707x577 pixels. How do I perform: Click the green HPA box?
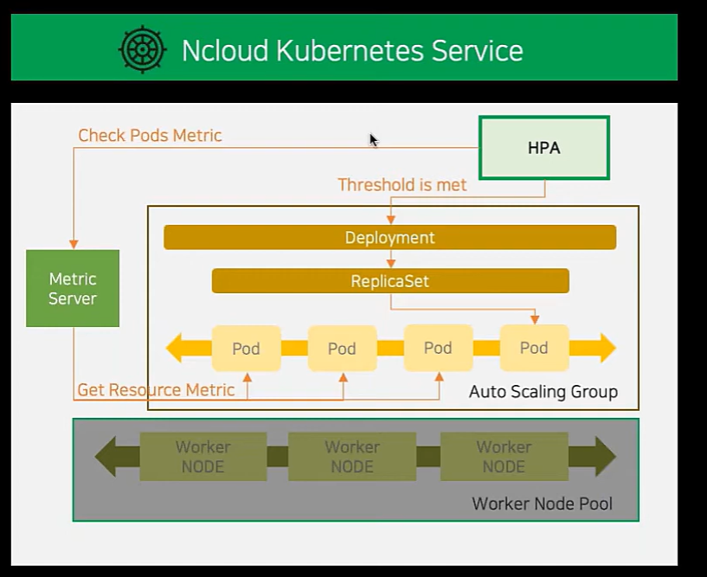pyautogui.click(x=544, y=148)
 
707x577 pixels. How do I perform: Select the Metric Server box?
pyautogui.click(x=73, y=288)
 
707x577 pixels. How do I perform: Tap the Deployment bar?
pyautogui.click(x=389, y=237)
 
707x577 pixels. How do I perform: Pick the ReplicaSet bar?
pyautogui.click(x=389, y=281)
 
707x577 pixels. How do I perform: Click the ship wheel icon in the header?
pyautogui.click(x=142, y=48)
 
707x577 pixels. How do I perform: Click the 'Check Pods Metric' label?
pyautogui.click(x=150, y=136)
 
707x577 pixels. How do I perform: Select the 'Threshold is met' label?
pyautogui.click(x=402, y=185)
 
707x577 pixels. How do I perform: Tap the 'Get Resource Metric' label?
pyautogui.click(x=156, y=390)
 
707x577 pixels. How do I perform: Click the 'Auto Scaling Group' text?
pyautogui.click(x=543, y=392)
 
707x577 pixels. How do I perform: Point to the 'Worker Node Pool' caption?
pyautogui.click(x=542, y=503)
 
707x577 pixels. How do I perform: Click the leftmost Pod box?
pyautogui.click(x=246, y=349)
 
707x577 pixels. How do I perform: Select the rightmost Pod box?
pyautogui.click(x=534, y=348)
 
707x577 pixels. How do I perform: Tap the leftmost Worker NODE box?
pyautogui.click(x=202, y=457)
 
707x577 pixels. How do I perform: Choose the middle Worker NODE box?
pyautogui.click(x=352, y=457)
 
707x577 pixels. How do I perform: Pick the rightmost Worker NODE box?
pyautogui.click(x=504, y=457)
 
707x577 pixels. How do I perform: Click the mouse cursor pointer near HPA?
pyautogui.click(x=373, y=140)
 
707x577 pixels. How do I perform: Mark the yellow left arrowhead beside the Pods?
pyautogui.click(x=176, y=349)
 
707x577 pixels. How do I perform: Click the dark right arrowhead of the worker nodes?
pyautogui.click(x=603, y=457)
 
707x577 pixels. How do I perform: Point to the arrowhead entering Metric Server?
pyautogui.click(x=74, y=244)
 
